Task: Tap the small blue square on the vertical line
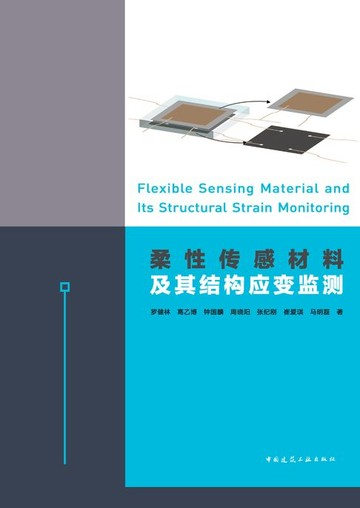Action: pyautogui.click(x=65, y=287)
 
